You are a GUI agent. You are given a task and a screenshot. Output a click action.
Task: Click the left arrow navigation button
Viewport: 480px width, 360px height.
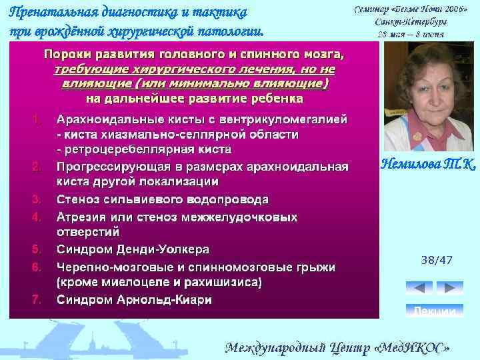click(419, 289)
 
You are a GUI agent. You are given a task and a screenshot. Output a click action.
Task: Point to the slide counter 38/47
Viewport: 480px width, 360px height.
click(437, 261)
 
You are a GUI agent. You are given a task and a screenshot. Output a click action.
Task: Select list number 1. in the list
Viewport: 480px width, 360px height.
click(37, 120)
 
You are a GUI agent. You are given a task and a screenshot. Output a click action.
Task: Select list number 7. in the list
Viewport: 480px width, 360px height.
click(37, 299)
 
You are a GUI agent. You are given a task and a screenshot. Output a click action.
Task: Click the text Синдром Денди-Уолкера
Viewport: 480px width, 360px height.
click(133, 249)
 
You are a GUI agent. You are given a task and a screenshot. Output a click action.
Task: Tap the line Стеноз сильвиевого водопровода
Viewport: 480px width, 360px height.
click(163, 199)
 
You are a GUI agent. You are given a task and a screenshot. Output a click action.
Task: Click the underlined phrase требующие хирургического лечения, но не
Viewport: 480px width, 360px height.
click(194, 69)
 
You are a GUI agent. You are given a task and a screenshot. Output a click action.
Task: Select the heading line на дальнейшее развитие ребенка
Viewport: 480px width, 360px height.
click(194, 98)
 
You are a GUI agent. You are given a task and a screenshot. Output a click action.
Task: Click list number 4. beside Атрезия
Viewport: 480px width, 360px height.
click(37, 216)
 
